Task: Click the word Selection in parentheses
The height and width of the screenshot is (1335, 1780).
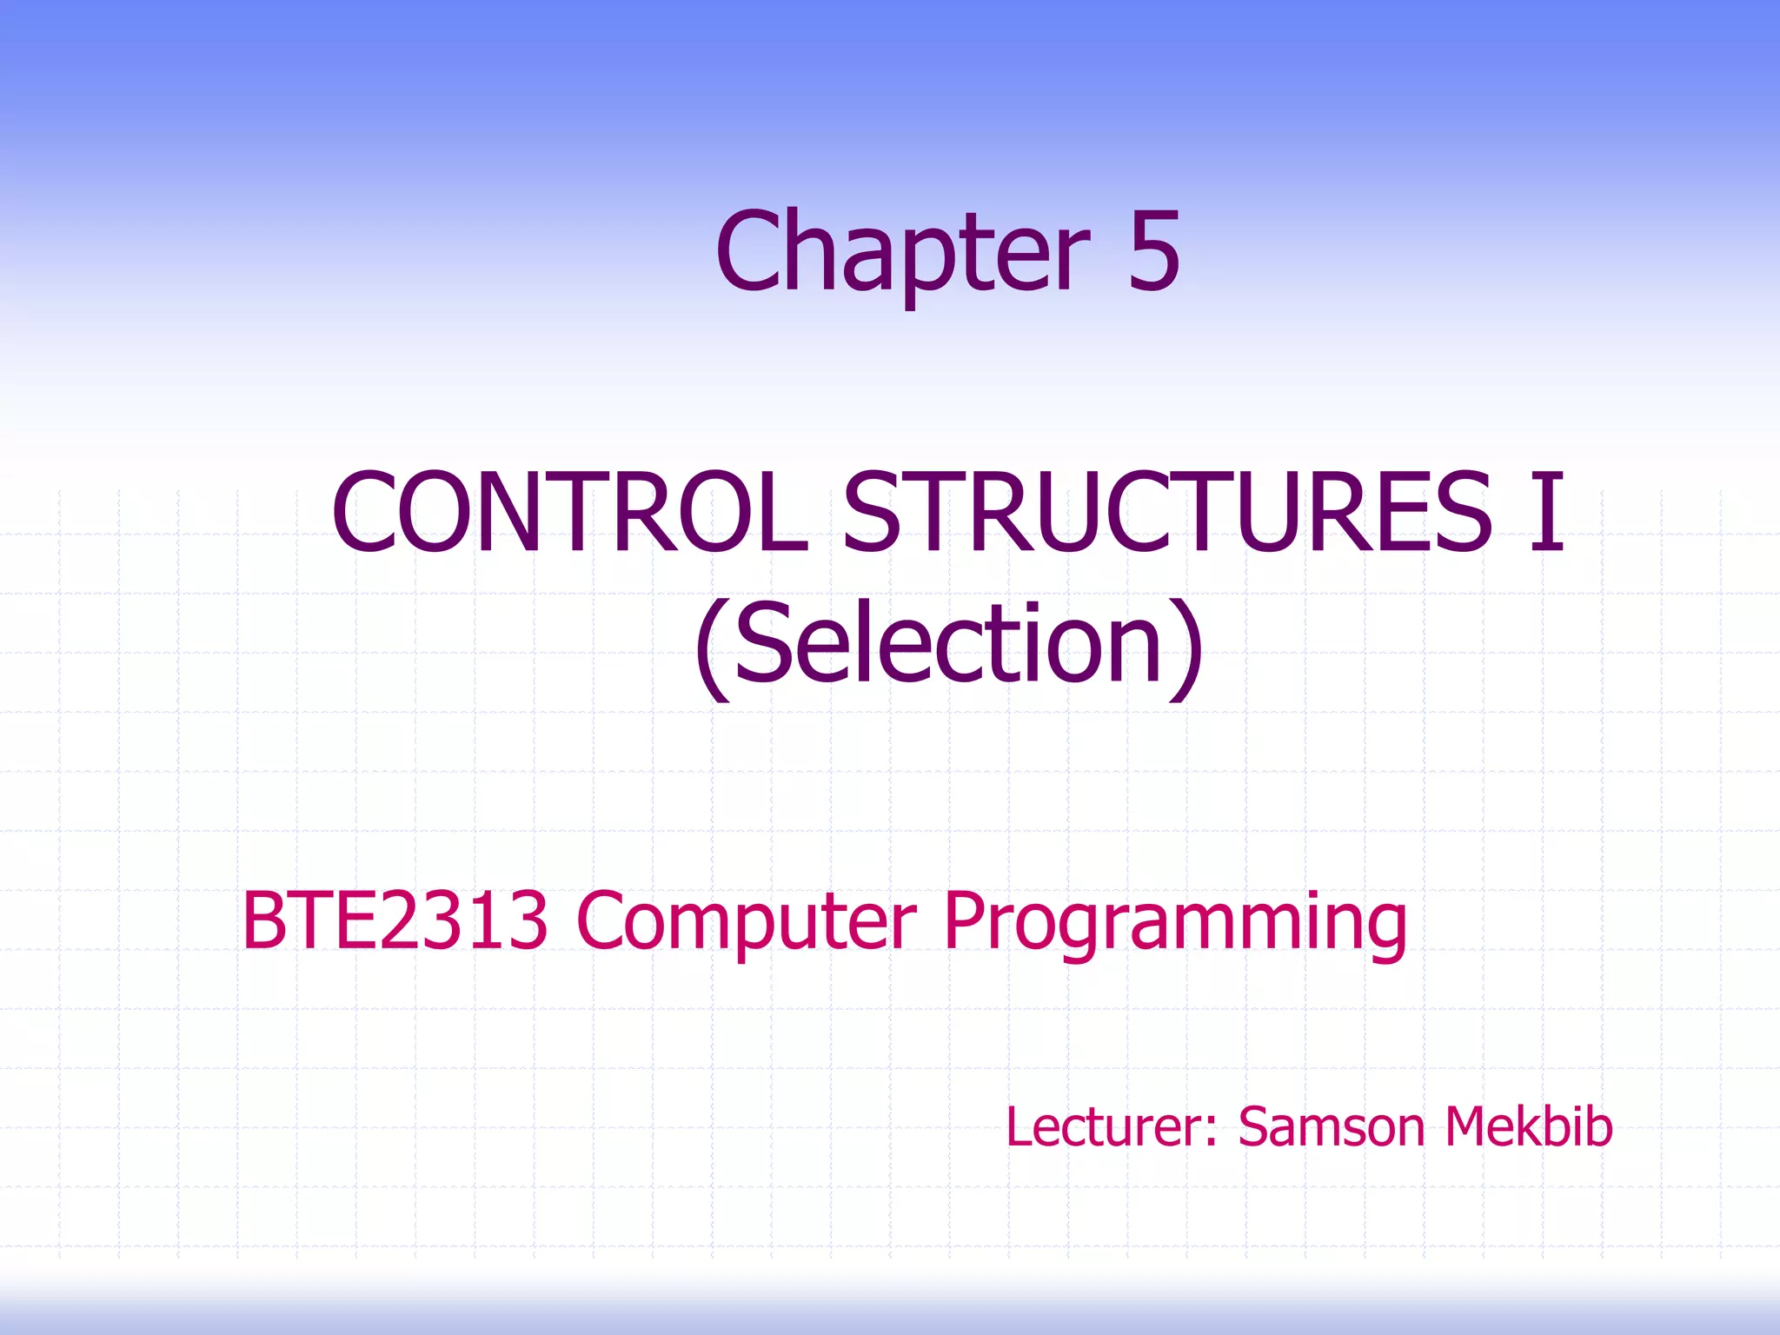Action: pos(948,645)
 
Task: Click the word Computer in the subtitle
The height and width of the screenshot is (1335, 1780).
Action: pos(746,921)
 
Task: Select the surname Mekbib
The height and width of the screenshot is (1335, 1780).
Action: pos(1528,1126)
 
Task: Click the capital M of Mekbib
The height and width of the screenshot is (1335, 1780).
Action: pos(1469,1126)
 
